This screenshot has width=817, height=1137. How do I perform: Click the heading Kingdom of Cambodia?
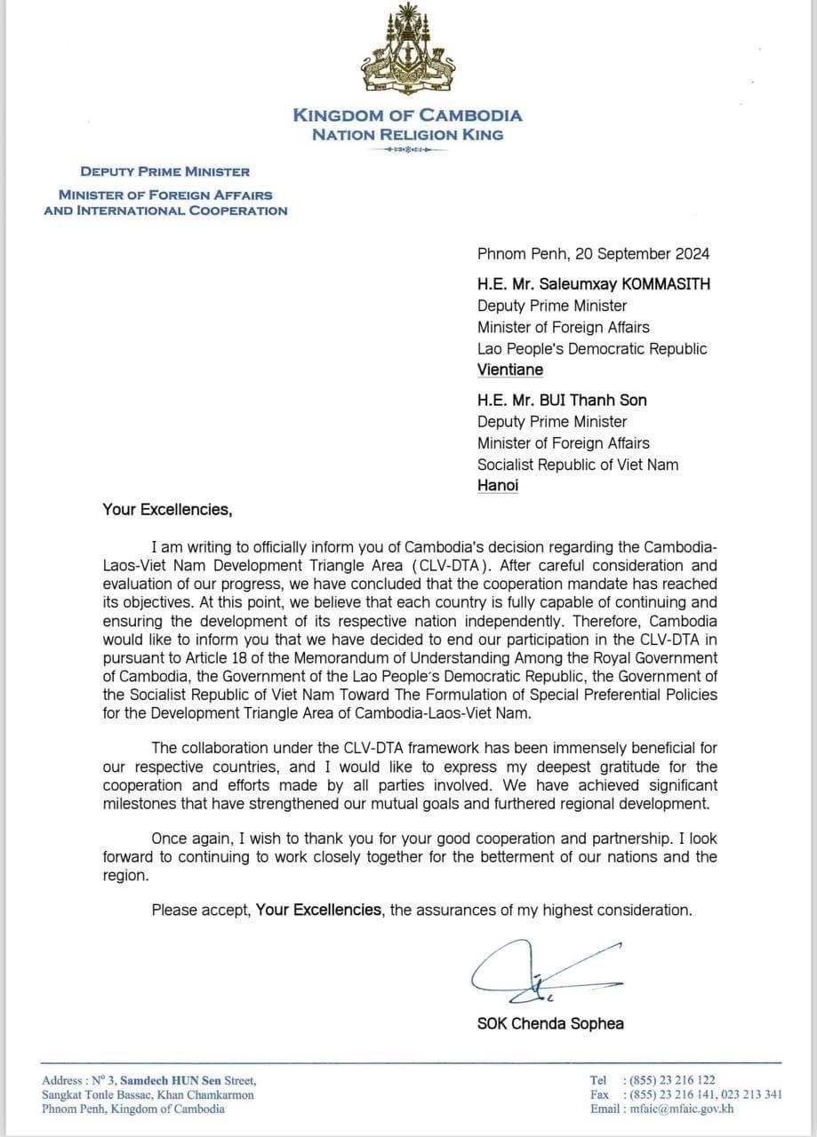coord(407,115)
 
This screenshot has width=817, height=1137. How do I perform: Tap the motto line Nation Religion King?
coord(407,135)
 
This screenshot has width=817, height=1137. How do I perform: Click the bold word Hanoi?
coord(498,485)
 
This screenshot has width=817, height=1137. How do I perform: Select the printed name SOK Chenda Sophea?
coord(550,1023)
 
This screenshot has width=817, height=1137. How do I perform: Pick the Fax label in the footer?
coord(599,1094)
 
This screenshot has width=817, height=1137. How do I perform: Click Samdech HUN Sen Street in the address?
coord(188,1080)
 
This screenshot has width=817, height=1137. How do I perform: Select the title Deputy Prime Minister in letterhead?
coord(165,171)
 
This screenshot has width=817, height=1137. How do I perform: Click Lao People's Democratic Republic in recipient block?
coord(592,348)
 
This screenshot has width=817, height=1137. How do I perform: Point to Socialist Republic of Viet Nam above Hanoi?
coord(578,464)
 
